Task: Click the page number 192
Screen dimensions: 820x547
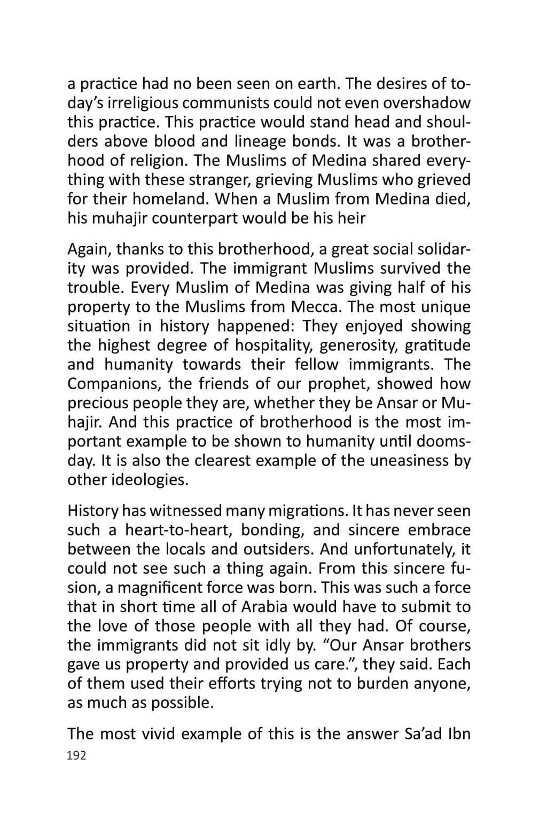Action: coord(76,755)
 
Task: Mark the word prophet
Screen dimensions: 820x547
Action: coord(317,384)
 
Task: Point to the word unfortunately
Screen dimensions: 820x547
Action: coord(405,549)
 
